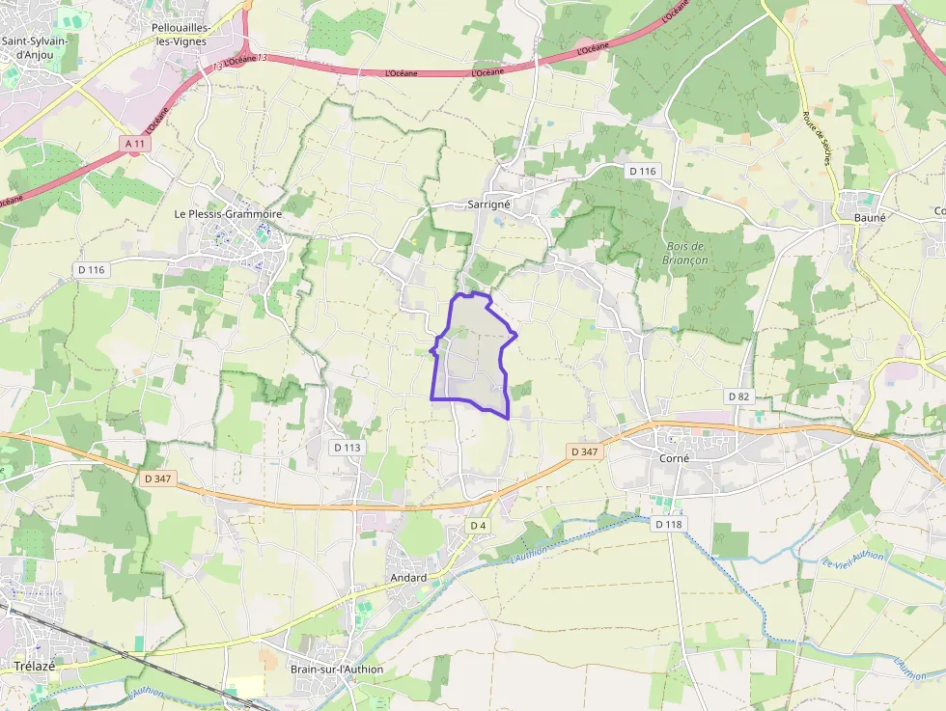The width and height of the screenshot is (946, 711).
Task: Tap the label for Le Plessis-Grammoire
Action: pos(228,213)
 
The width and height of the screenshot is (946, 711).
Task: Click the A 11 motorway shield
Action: pos(137,143)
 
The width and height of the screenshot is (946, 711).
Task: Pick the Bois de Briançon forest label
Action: pos(687,253)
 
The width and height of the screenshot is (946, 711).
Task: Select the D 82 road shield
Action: pos(738,397)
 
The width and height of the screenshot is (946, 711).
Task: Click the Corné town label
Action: pos(674,458)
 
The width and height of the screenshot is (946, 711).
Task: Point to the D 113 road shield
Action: pos(347,448)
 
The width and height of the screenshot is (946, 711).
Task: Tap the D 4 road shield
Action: pos(478,525)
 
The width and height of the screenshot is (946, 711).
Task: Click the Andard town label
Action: pos(408,578)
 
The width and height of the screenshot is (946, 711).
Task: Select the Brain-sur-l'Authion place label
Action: pos(337,670)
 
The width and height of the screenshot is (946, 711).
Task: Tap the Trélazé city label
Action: pos(34,667)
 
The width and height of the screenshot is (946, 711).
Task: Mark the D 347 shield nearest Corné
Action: pos(585,451)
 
